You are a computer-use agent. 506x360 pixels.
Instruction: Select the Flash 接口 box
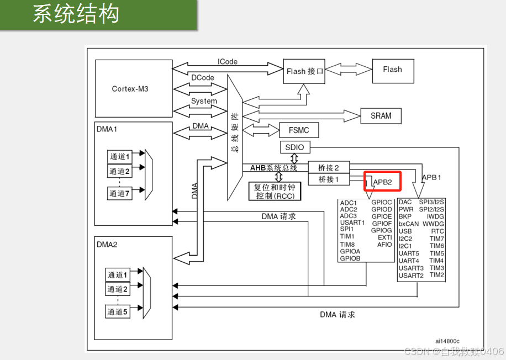click(x=304, y=71)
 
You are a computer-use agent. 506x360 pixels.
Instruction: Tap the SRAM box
click(x=381, y=116)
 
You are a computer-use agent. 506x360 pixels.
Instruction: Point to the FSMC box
click(x=299, y=130)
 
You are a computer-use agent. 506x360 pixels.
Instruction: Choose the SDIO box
click(x=295, y=147)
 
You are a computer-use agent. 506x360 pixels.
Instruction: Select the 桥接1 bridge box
click(x=328, y=179)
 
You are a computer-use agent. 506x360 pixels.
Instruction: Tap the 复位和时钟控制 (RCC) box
click(x=275, y=192)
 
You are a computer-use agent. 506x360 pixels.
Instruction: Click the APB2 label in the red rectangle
click(x=382, y=182)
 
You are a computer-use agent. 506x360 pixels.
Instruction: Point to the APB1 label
click(x=431, y=178)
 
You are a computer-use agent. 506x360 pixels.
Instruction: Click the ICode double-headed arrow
click(x=228, y=68)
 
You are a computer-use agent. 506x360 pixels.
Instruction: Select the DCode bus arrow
click(x=201, y=86)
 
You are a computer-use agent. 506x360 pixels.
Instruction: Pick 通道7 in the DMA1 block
click(x=119, y=193)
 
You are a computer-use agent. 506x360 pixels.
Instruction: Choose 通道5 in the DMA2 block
click(x=118, y=312)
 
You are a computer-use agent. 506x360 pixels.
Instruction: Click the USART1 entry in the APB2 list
click(x=352, y=223)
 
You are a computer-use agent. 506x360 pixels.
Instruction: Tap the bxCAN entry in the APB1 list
click(x=409, y=224)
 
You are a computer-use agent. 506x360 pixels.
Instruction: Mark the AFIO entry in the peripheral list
click(x=385, y=245)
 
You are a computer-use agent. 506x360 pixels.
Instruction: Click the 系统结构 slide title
click(x=76, y=14)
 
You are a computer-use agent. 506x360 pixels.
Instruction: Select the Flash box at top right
click(x=392, y=70)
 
